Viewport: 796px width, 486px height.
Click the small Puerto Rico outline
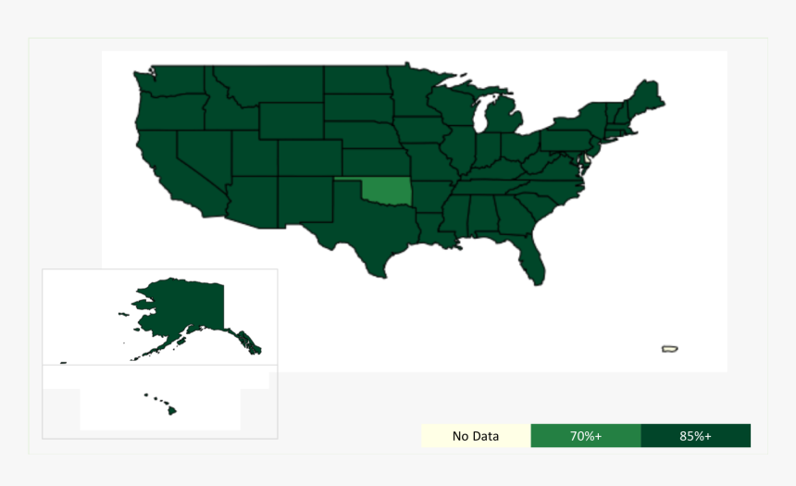(670, 349)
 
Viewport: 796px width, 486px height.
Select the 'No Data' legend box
(476, 436)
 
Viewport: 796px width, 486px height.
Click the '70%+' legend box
(585, 436)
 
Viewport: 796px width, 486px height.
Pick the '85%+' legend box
(695, 436)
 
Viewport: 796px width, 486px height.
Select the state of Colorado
(305, 157)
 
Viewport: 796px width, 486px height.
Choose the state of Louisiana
(431, 231)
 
